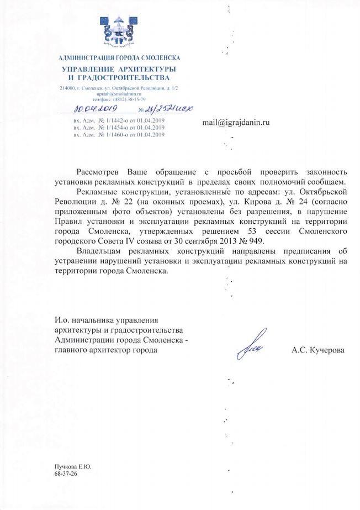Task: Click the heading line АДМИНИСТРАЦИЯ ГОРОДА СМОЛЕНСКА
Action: [x=119, y=57]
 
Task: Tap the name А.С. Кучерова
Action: [x=317, y=350]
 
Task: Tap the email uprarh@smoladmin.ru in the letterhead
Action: [x=119, y=94]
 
